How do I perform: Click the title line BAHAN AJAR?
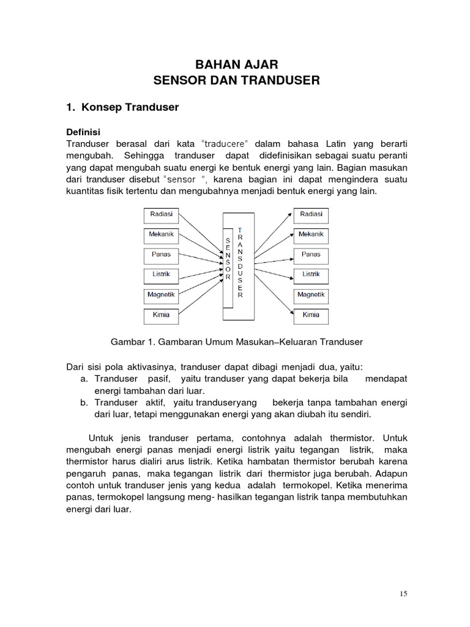point(236,64)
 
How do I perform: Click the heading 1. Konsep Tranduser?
point(122,107)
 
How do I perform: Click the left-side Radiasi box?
point(161,216)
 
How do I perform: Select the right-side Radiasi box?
point(311,216)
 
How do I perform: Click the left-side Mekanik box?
point(161,235)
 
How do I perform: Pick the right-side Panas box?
point(311,255)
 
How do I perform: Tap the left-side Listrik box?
point(161,275)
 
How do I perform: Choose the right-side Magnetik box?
point(311,295)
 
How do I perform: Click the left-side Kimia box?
point(161,315)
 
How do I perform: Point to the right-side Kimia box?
point(311,315)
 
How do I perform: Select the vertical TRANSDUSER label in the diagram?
point(240,262)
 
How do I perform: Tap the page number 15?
point(403,593)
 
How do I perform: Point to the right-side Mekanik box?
point(311,235)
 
